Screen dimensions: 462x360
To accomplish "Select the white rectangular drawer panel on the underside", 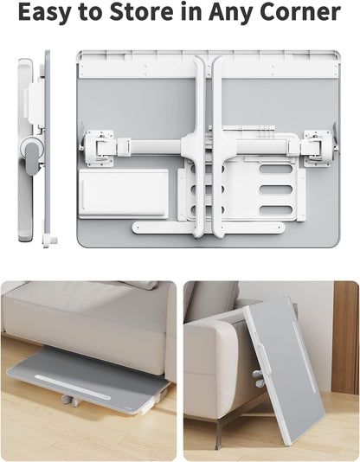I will [x=123, y=192].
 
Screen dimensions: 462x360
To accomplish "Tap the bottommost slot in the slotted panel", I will [x=276, y=209].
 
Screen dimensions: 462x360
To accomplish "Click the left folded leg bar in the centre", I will [x=200, y=147].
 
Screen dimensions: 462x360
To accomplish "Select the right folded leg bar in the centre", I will [x=218, y=147].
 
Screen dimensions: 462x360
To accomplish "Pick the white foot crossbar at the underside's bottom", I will [x=208, y=228].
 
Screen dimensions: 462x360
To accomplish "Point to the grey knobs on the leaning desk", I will [x=258, y=378].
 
